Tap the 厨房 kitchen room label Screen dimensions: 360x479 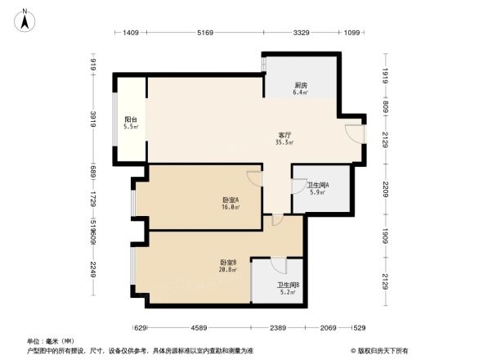301,85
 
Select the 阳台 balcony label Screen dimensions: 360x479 131,119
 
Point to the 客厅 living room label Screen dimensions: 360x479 284,135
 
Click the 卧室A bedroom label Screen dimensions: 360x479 230,200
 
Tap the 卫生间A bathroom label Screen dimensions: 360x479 317,185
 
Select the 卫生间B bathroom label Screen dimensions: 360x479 277,284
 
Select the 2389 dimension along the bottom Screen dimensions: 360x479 279,327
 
